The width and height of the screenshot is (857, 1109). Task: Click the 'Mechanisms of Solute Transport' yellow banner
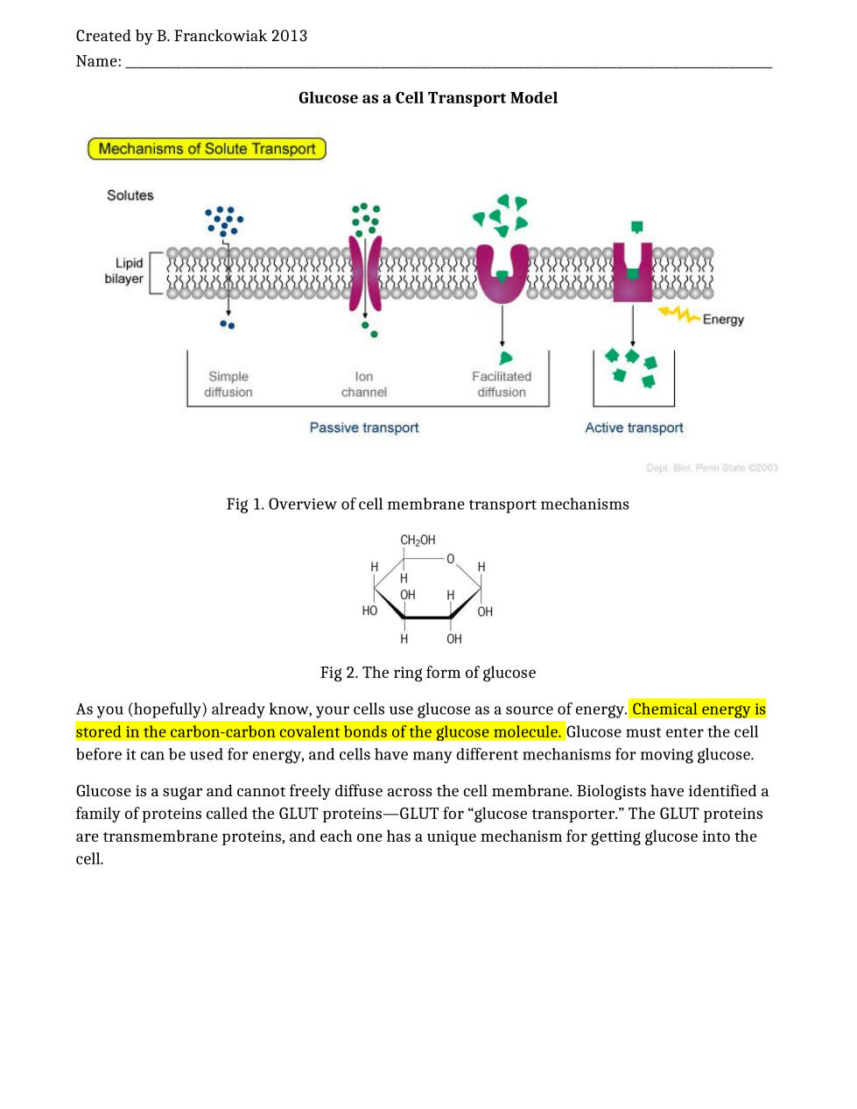(207, 149)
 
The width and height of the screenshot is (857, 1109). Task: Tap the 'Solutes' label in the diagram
(130, 195)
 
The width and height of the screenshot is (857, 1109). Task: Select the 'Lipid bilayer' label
(125, 271)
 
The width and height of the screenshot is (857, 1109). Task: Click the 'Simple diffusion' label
(228, 385)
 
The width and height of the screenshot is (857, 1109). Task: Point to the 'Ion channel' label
(364, 385)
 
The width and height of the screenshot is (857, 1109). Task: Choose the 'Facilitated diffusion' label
(502, 385)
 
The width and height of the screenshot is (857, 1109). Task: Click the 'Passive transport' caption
(364, 427)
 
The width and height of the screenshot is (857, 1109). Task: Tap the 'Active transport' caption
(634, 427)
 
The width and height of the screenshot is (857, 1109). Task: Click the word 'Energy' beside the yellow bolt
(723, 320)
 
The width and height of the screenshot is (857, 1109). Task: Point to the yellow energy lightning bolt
(678, 313)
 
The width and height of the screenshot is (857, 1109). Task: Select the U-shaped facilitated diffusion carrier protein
(502, 274)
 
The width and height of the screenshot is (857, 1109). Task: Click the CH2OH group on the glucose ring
(418, 540)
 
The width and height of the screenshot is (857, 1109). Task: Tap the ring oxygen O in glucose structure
(451, 559)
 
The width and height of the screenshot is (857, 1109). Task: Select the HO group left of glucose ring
(369, 611)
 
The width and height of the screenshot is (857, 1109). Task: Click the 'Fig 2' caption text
(427, 673)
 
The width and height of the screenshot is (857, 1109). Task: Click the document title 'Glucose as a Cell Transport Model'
(427, 98)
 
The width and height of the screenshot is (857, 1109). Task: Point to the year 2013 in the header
(289, 36)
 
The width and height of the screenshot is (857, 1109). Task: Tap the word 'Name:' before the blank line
(98, 61)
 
